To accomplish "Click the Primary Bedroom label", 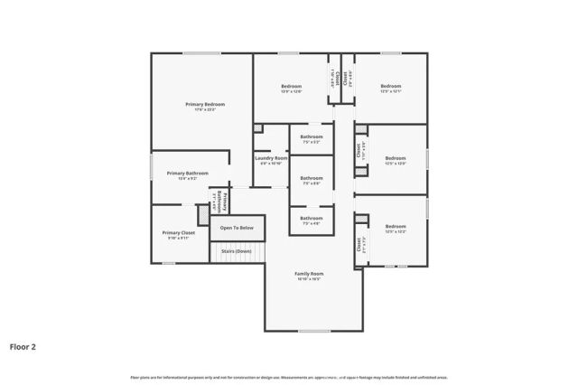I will pyautogui.click(x=205, y=105).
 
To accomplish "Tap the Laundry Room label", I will pyautogui.click(x=272, y=158).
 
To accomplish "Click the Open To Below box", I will pyautogui.click(x=238, y=228).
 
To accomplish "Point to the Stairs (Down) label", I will pyautogui.click(x=238, y=251).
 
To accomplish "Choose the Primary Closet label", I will pyautogui.click(x=178, y=233).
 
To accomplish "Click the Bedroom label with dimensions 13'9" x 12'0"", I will pyautogui.click(x=291, y=87).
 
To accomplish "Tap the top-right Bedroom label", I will pyautogui.click(x=390, y=87).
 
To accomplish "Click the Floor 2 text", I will pyautogui.click(x=23, y=346).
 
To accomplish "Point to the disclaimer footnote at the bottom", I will pyautogui.click(x=289, y=377).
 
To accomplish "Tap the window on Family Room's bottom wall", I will pyautogui.click(x=314, y=332).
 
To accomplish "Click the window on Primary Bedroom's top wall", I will pyautogui.click(x=202, y=53).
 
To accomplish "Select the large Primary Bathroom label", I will pyautogui.click(x=187, y=173).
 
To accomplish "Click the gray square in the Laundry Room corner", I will pyautogui.click(x=257, y=129).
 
